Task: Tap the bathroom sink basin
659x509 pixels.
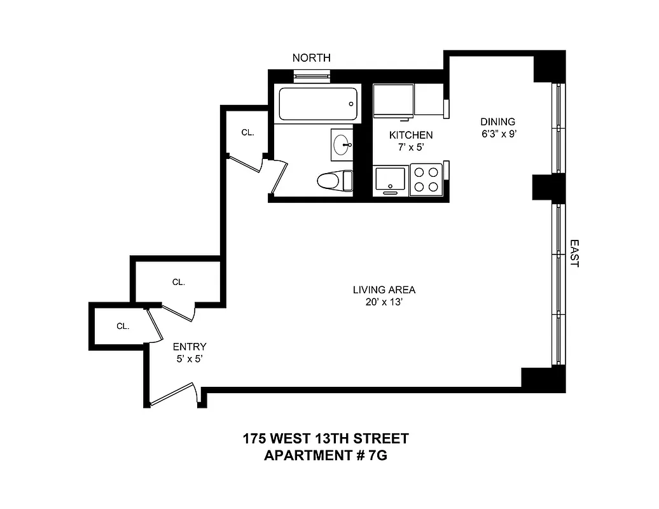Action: pyautogui.click(x=342, y=144)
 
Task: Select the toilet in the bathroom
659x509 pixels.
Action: pyautogui.click(x=333, y=181)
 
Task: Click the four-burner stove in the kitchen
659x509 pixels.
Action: pyautogui.click(x=426, y=179)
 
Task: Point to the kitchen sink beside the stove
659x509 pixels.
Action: pyautogui.click(x=390, y=179)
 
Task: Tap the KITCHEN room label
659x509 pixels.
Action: pyautogui.click(x=411, y=135)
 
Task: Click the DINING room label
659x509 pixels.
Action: pyautogui.click(x=497, y=122)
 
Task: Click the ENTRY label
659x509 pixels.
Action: pyautogui.click(x=190, y=347)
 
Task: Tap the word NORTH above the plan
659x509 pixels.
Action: pyautogui.click(x=311, y=58)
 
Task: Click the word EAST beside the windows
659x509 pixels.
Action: pyautogui.click(x=574, y=253)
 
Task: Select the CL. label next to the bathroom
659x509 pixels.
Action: pyautogui.click(x=247, y=133)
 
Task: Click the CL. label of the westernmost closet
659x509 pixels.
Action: pyautogui.click(x=123, y=326)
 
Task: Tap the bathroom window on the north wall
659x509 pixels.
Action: pyautogui.click(x=312, y=75)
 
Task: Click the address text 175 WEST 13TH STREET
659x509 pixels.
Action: pyautogui.click(x=325, y=438)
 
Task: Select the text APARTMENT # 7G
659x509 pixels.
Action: pyautogui.click(x=325, y=456)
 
